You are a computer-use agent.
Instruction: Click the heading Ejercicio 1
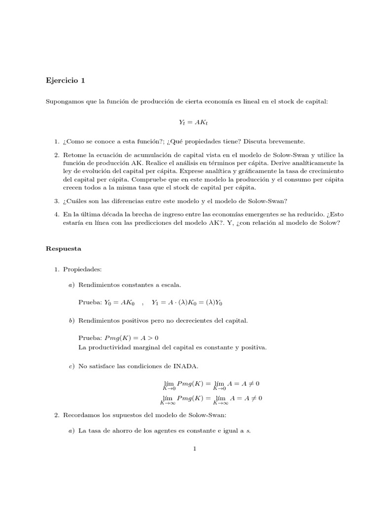pyautogui.click(x=68, y=80)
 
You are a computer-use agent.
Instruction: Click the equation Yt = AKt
pyautogui.click(x=189, y=121)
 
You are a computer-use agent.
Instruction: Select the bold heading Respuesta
pyautogui.click(x=63, y=249)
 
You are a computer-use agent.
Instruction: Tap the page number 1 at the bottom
pyautogui.click(x=195, y=449)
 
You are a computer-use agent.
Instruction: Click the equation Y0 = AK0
pyautogui.click(x=118, y=303)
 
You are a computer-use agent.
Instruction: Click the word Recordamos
pyautogui.click(x=83, y=415)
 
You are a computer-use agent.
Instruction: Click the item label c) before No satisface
pyautogui.click(x=72, y=366)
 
